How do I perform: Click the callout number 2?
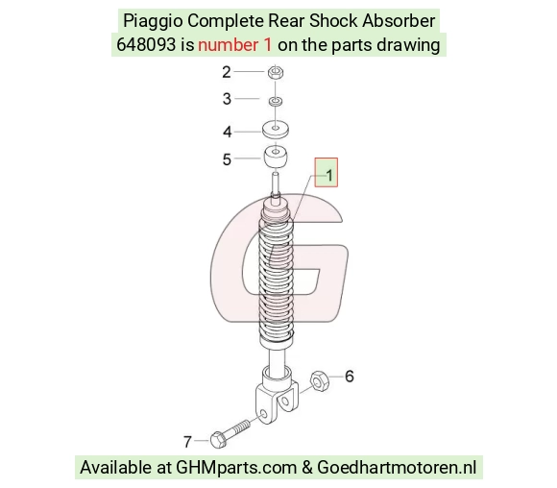tap(227, 72)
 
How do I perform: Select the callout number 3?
tap(227, 99)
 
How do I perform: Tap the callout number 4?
tap(227, 132)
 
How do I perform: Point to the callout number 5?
tap(227, 159)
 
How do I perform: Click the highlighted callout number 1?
tap(329, 175)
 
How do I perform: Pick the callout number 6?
tap(350, 377)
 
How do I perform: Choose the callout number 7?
tap(187, 442)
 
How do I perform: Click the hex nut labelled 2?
tap(276, 72)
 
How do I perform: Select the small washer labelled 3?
tap(276, 101)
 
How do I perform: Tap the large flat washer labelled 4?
tap(276, 130)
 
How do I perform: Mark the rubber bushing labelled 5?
tap(276, 157)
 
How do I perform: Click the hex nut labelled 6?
tap(320, 380)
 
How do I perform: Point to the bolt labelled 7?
tap(230, 433)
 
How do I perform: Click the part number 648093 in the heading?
tap(146, 45)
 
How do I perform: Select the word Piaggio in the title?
tap(153, 21)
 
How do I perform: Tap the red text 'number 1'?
tap(235, 45)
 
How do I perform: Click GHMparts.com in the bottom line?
tap(236, 468)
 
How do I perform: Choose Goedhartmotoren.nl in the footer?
tap(397, 467)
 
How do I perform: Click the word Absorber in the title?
tap(399, 20)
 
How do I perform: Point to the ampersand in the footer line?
tap(307, 468)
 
